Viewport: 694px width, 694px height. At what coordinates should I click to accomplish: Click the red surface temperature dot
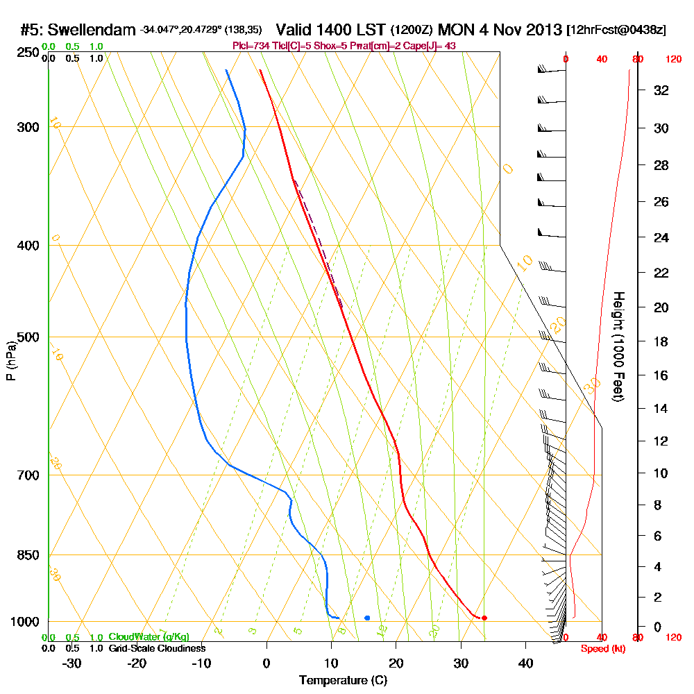484,618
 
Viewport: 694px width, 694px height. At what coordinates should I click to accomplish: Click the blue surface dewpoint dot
367,618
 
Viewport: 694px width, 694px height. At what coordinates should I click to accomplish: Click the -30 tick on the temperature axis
72,663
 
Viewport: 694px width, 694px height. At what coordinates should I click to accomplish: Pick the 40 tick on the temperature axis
525,663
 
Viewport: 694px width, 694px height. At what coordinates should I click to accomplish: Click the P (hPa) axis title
10,360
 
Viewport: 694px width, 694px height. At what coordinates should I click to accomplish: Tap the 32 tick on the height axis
662,90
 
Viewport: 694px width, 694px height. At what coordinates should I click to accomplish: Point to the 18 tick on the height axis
662,341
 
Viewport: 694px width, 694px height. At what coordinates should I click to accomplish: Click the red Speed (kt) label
600,648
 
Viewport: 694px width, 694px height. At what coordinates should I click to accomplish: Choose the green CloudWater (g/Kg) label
149,637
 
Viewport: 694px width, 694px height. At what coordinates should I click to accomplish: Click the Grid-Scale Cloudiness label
157,648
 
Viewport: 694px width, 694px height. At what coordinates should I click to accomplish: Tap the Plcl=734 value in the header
248,46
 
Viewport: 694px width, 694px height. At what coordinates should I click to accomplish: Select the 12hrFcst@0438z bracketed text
616,31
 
